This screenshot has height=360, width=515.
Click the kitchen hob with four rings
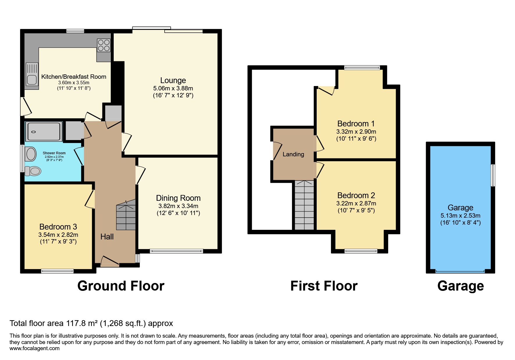104,45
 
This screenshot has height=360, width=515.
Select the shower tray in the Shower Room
44,132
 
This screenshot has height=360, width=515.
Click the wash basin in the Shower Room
31,154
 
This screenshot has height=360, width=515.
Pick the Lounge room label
173,80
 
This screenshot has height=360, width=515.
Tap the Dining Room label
178,198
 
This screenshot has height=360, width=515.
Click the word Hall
107,237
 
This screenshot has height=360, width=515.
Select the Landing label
293,154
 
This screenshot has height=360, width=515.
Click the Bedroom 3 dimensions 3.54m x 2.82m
58,235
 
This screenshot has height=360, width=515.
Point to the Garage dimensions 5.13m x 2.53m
460,216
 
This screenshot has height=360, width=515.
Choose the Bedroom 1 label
356,124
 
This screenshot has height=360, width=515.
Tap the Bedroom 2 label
356,196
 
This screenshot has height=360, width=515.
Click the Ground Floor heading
121,286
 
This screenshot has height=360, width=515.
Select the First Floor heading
324,286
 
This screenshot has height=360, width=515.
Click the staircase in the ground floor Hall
126,215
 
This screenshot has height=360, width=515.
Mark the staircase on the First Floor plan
304,205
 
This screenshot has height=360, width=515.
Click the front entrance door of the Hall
110,261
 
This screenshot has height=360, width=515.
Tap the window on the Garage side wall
493,175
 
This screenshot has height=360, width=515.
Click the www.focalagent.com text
35,348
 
